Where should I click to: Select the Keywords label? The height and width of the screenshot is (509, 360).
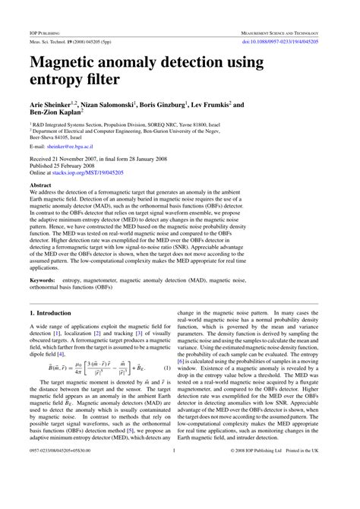(43, 260)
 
